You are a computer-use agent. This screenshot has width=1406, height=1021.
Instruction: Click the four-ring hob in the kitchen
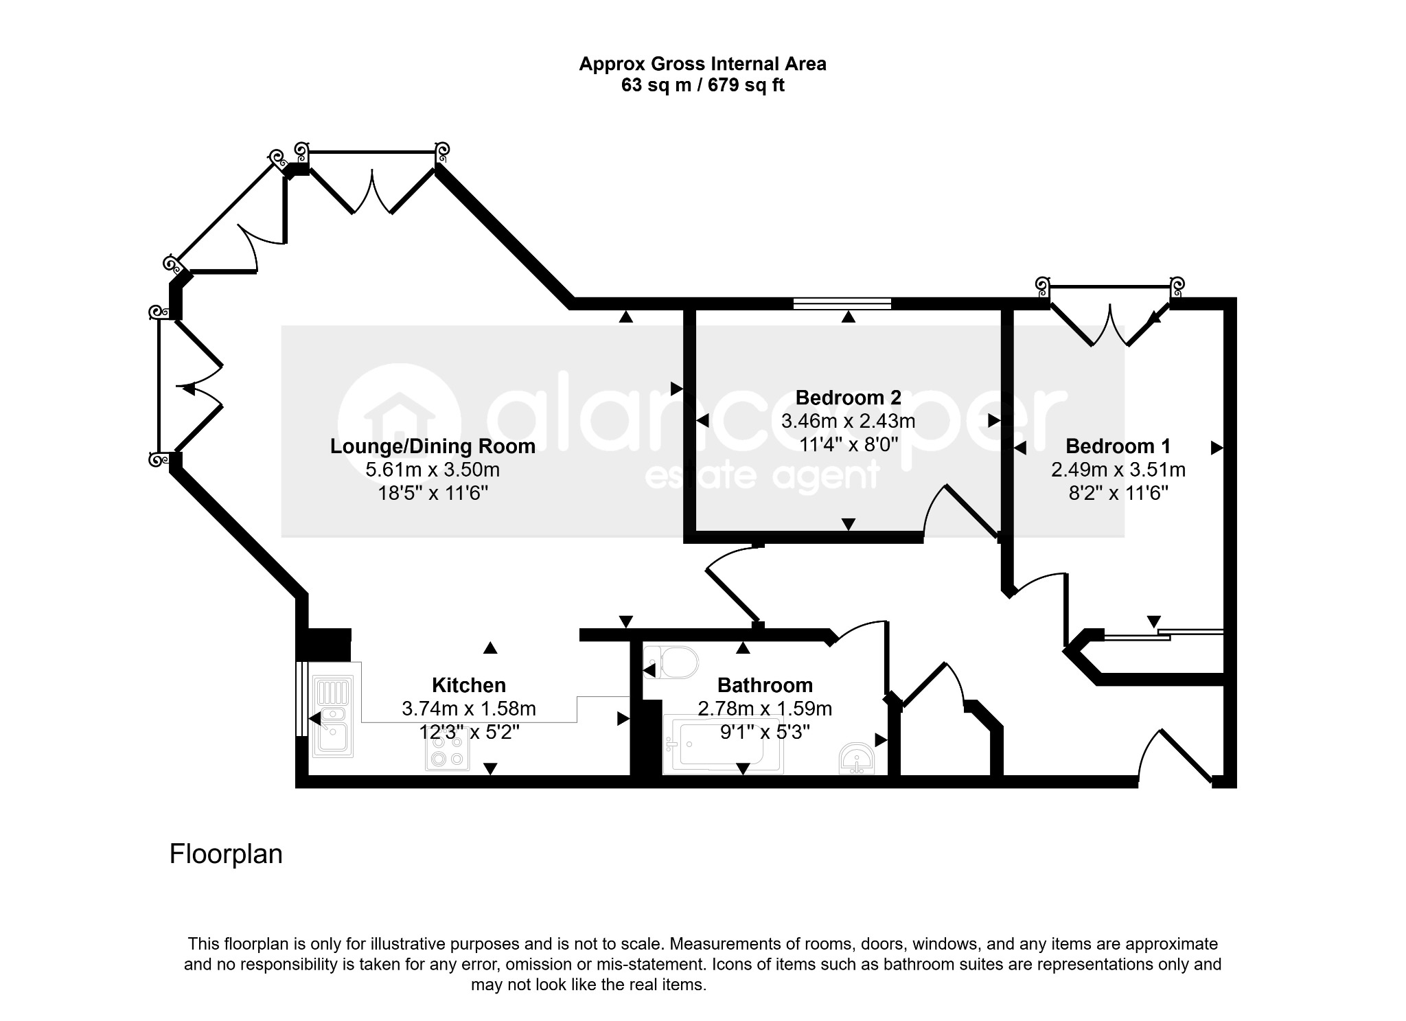pos(448,750)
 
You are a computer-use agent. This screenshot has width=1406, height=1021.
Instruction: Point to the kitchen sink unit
pos(332,715)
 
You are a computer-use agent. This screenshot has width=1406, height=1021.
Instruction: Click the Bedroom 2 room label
pos(848,398)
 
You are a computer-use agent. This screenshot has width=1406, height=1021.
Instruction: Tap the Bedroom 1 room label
pos(1118,446)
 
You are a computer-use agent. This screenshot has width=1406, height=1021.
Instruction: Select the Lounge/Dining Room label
pos(433,446)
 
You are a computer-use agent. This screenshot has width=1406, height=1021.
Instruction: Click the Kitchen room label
pos(469,685)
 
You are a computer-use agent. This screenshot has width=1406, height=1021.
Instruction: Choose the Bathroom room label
pos(765,685)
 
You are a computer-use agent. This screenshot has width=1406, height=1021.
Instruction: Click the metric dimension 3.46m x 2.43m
pos(848,420)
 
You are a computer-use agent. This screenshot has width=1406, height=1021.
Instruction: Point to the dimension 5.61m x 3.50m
pos(433,470)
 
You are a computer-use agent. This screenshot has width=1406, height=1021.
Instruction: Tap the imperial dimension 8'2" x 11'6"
pos(1118,493)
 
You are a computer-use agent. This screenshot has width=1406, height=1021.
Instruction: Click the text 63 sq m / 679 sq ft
pos(702,85)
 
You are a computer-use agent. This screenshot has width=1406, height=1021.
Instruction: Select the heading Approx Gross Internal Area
pos(702,64)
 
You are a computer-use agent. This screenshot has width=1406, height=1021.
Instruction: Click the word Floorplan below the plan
pos(226,854)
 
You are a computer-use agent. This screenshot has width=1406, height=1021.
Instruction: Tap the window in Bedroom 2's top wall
pos(842,303)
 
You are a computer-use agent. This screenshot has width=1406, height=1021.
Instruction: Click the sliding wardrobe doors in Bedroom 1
pos(1163,634)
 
